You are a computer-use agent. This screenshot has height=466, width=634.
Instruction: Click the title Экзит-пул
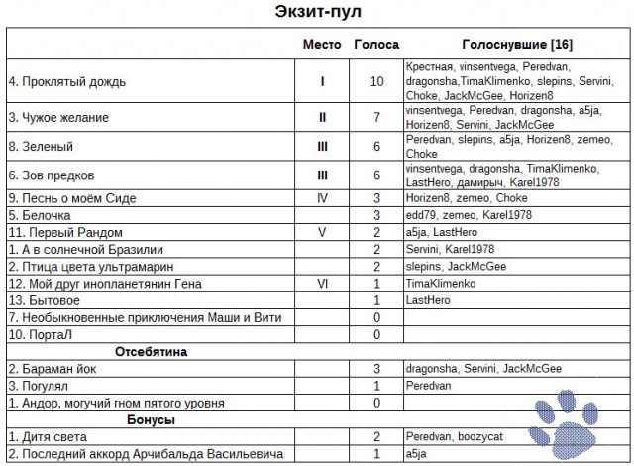tap(317, 13)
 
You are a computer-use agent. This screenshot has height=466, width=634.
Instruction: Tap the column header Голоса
tap(376, 45)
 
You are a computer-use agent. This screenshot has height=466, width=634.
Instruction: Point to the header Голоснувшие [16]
tap(516, 45)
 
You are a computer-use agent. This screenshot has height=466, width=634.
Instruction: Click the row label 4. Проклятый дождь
tap(67, 80)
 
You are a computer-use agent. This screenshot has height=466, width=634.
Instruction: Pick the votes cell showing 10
tap(376, 80)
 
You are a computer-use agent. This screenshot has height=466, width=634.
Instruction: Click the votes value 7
tap(376, 117)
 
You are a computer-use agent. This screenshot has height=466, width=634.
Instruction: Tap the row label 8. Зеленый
tap(41, 146)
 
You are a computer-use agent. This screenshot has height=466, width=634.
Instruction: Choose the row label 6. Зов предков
tap(51, 175)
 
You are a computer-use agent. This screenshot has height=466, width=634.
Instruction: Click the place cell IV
tap(322, 198)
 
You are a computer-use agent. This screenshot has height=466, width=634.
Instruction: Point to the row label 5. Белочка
tap(41, 214)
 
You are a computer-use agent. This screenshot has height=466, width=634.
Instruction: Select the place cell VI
tap(322, 283)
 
